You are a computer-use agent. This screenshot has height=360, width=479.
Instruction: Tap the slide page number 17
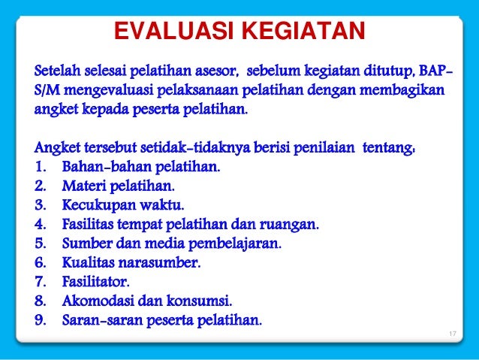click(x=451, y=334)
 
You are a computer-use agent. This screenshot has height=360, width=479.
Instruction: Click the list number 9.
click(x=41, y=322)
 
